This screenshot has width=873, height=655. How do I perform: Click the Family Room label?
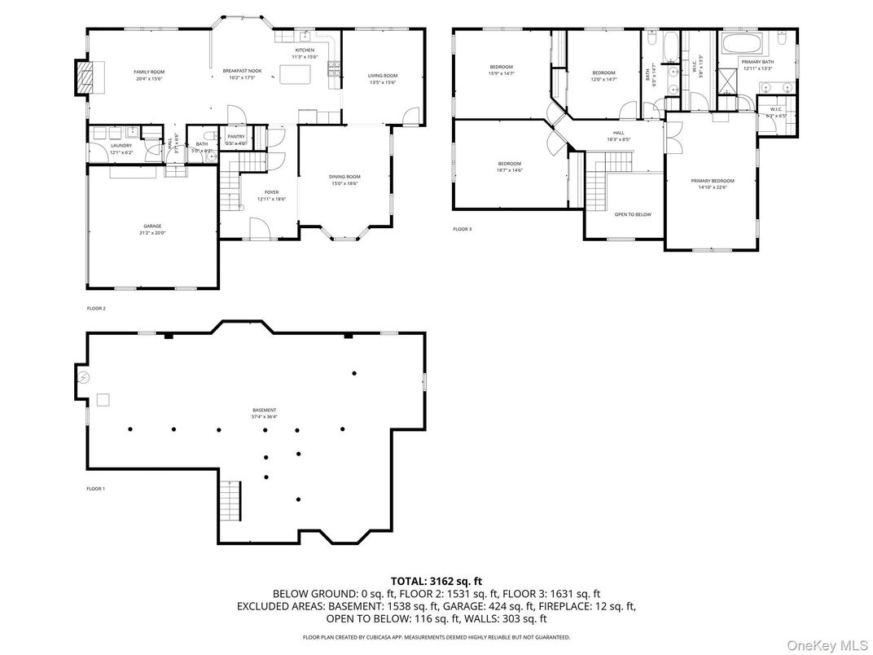point(149,72)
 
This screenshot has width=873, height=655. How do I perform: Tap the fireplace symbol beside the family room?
point(86,77)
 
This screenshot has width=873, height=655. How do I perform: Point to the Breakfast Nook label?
point(242,72)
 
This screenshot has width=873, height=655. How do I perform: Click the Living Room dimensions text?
point(383,82)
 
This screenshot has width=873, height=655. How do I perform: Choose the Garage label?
point(152,226)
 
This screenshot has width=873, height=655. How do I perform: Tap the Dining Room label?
point(344,177)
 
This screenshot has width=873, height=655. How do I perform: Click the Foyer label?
point(271,192)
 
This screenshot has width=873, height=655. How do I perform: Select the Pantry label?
point(236,137)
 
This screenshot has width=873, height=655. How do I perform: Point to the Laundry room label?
point(121,146)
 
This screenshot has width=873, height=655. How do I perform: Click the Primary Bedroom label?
point(713,181)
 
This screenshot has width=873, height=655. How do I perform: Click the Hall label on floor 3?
point(619,133)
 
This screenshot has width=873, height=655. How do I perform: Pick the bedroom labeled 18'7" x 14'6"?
point(510,164)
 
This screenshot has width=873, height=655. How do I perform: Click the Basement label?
point(264,410)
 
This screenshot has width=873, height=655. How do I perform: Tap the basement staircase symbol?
point(231,497)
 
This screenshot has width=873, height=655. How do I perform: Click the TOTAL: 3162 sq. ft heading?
point(436,581)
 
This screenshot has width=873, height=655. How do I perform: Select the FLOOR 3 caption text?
point(463,230)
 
